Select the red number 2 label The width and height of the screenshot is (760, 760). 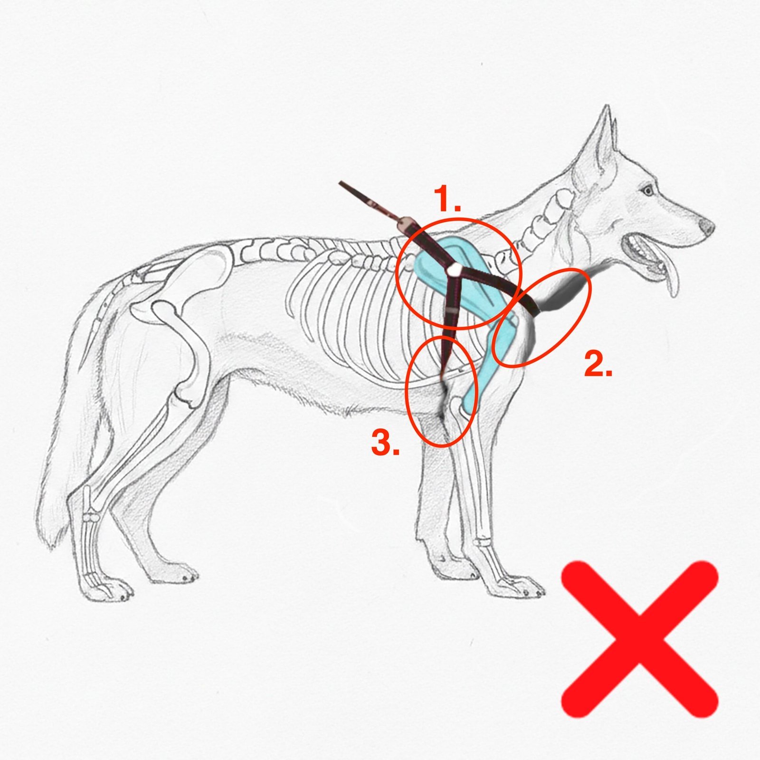598,364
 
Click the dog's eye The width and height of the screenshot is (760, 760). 646,191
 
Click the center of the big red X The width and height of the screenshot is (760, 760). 639,639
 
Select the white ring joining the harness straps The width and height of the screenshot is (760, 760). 454,270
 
